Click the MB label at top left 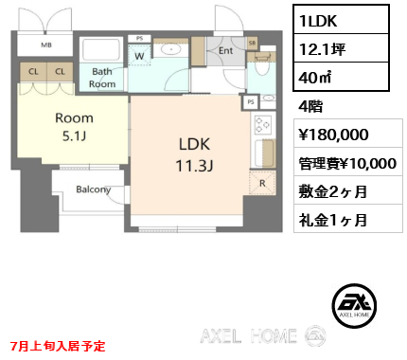click(x=46, y=45)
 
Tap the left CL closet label click(x=33, y=72)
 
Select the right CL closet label click(x=60, y=72)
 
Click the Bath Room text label click(x=102, y=78)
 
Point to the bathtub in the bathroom click(x=101, y=49)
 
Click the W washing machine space click(x=139, y=54)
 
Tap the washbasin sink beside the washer click(x=170, y=49)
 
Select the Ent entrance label click(x=226, y=50)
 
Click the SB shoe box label click(x=252, y=44)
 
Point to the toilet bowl click(x=261, y=66)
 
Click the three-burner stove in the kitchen click(x=262, y=125)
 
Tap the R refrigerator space click(x=262, y=183)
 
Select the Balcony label click(x=94, y=189)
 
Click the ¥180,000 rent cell click(x=348, y=133)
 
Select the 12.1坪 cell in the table click(x=341, y=48)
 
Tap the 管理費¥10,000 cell click(x=348, y=161)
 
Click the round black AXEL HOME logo click(x=354, y=305)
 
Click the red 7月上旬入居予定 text click(x=58, y=346)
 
